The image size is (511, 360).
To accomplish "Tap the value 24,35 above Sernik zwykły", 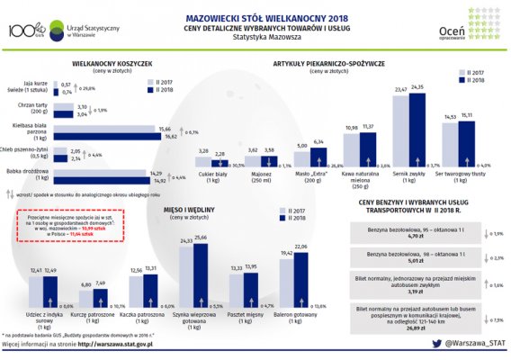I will coord(417,87).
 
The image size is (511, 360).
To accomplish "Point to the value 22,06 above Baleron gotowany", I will coord(301,246).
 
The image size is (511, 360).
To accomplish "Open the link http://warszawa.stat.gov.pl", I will coord(114,343).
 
